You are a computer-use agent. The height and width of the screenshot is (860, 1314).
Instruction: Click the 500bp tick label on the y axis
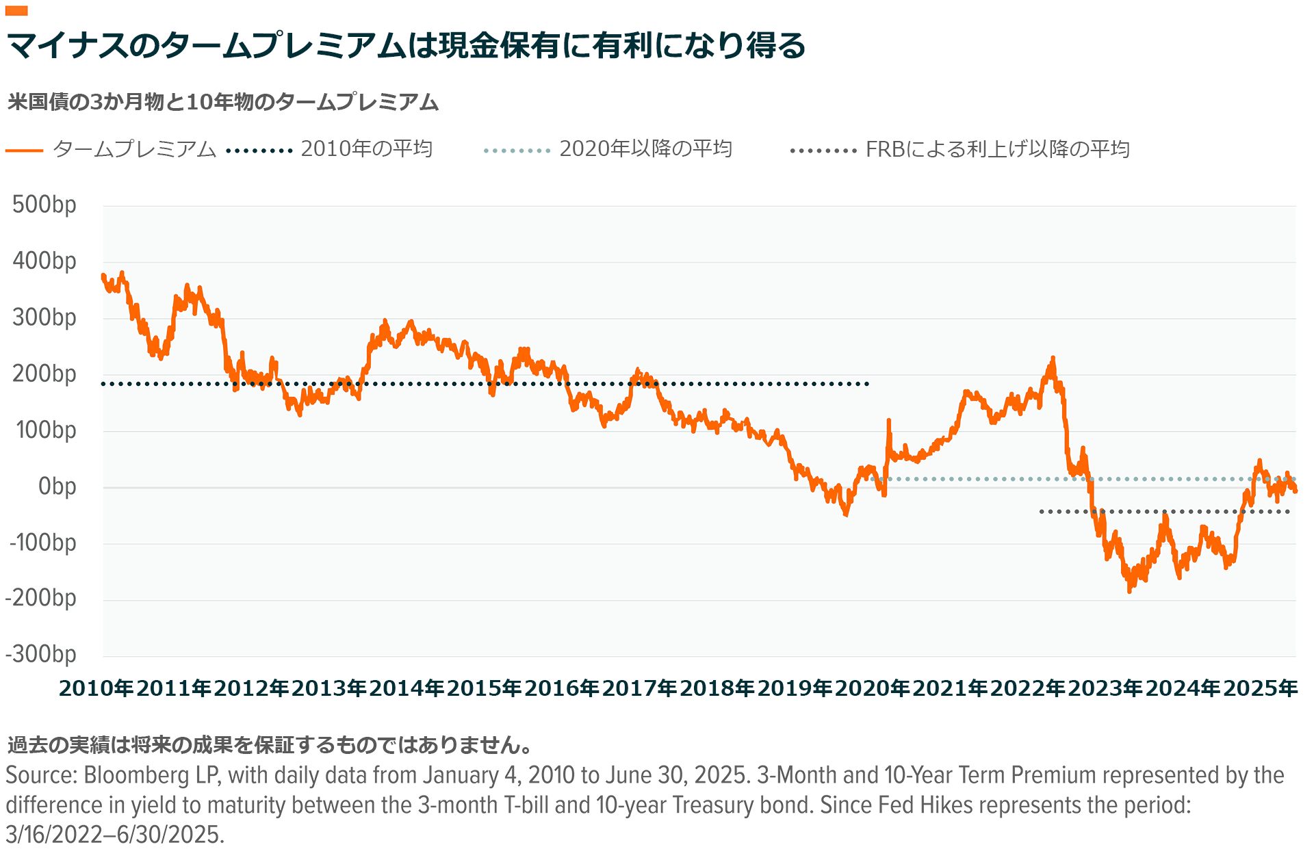point(44,205)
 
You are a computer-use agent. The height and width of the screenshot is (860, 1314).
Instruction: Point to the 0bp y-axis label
point(57,487)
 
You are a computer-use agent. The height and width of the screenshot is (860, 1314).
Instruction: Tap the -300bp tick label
point(41,655)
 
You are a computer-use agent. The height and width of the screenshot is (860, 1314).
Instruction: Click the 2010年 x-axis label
point(96,688)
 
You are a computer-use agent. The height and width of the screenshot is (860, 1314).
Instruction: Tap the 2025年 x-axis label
point(1260,688)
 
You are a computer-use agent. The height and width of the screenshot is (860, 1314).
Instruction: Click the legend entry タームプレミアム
point(134,149)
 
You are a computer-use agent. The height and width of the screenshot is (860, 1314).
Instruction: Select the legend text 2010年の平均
point(366,149)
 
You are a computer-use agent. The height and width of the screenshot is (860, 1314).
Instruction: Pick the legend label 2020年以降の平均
point(645,149)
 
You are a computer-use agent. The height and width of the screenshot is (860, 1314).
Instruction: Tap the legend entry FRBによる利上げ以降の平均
point(997,149)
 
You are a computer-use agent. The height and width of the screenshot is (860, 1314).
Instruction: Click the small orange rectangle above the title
point(16,10)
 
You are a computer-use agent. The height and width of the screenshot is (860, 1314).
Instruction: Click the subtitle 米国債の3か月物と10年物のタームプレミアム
point(223,103)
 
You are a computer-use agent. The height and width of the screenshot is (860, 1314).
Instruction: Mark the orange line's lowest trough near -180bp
point(1129,590)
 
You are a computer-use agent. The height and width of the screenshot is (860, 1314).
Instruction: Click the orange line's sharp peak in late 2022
point(1053,358)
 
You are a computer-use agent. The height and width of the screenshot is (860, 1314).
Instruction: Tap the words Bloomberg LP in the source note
point(151,775)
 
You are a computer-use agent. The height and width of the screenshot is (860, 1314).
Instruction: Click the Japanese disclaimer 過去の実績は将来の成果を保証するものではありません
point(270,744)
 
